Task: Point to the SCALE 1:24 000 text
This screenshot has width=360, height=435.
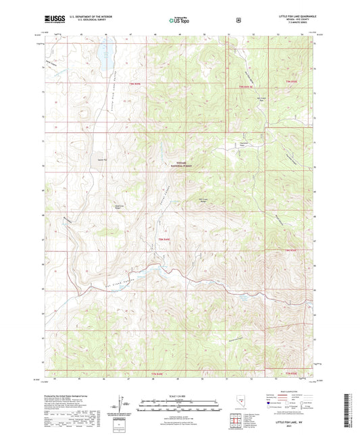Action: pyautogui.click(x=180, y=396)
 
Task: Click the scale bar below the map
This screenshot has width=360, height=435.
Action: pyautogui.click(x=180, y=403)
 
